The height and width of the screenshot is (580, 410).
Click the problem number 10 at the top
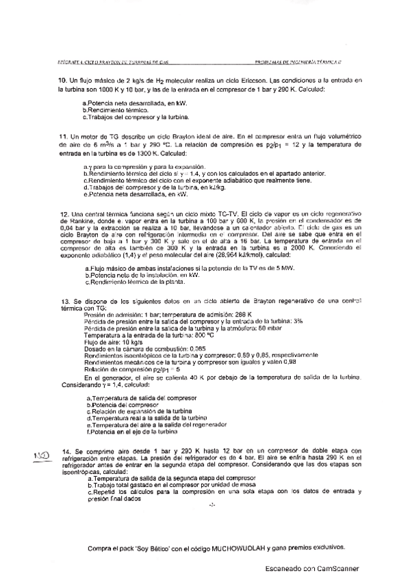(x=62, y=81)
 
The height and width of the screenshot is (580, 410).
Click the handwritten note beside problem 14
(x=42, y=453)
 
